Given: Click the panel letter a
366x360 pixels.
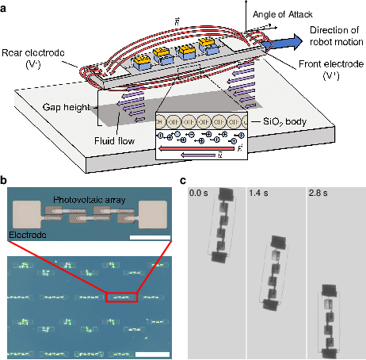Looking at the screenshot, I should tap(5, 6).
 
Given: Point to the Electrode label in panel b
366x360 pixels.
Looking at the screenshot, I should tap(26, 235).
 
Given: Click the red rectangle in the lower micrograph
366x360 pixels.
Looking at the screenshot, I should tap(121, 296).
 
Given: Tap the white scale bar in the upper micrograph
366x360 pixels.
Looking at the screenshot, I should tap(146, 238).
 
